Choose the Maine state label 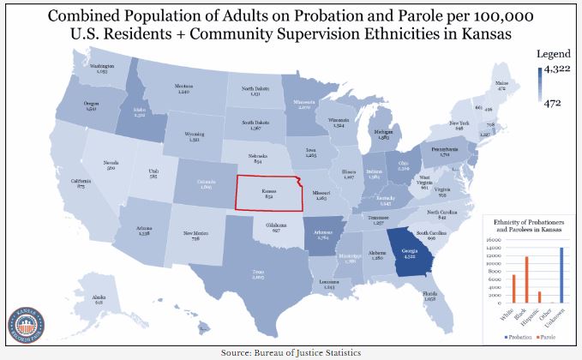[x=513, y=85]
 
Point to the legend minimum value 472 [x=553, y=104]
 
